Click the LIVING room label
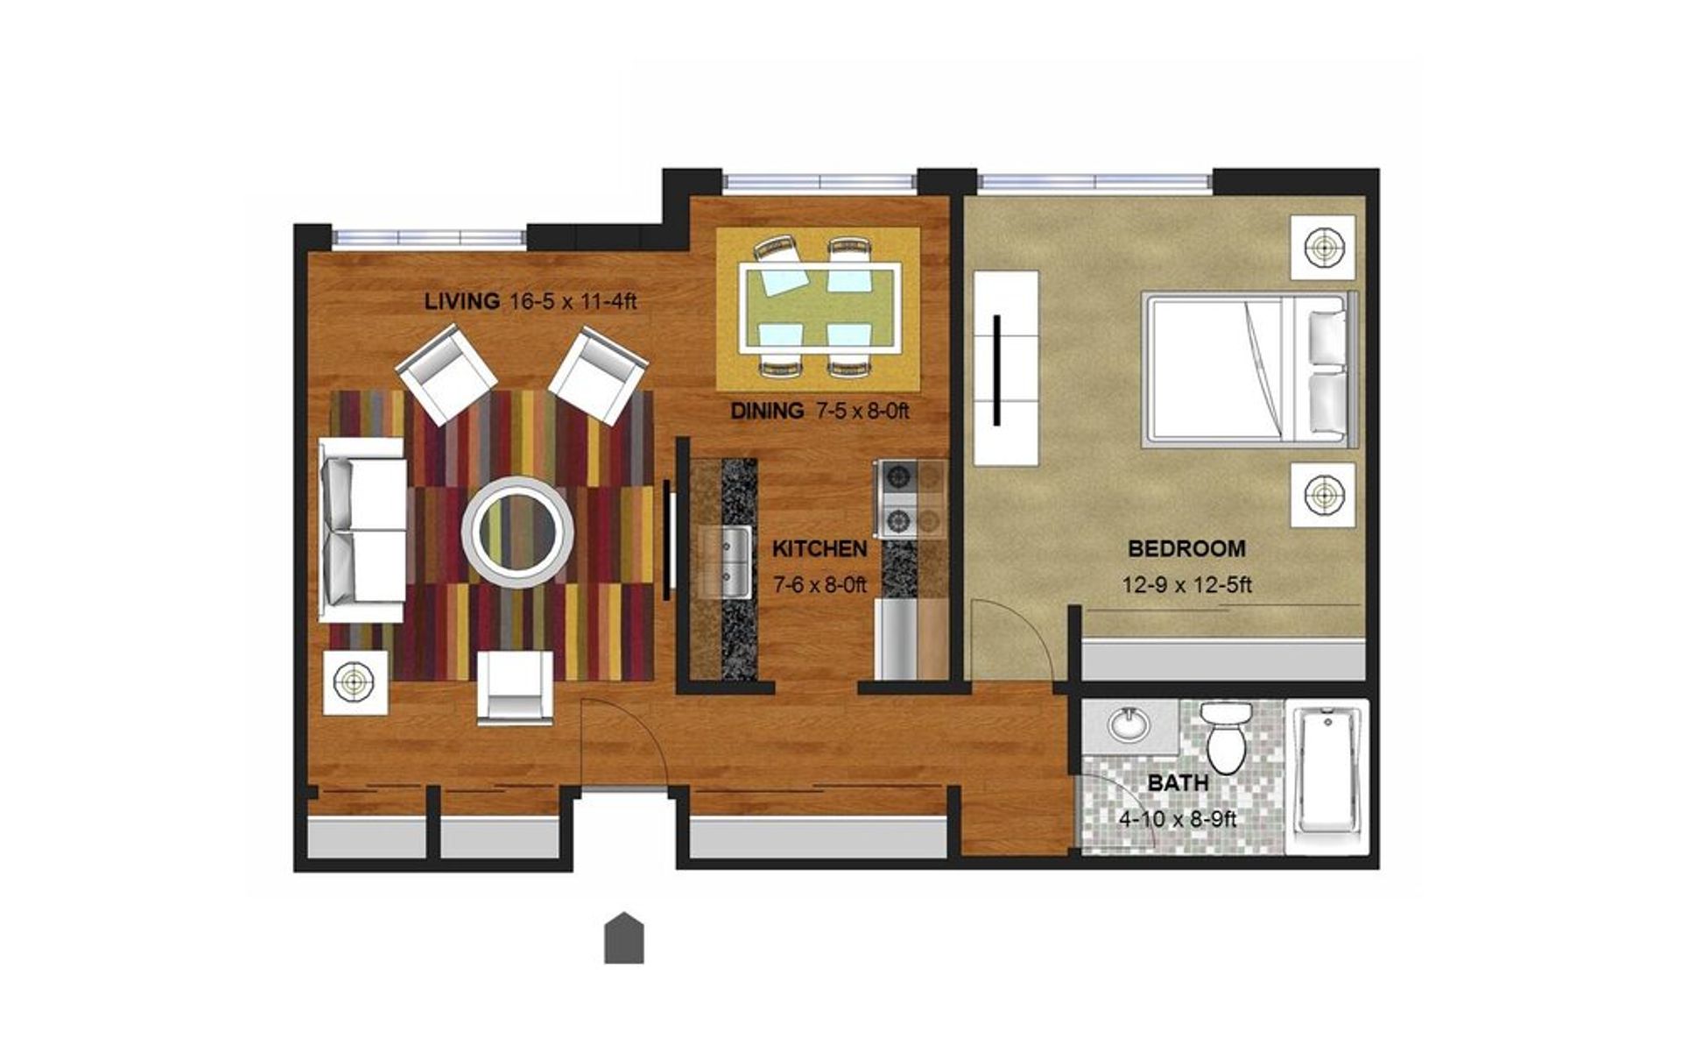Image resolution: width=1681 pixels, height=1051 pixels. (x=461, y=302)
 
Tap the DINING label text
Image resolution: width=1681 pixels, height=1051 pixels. (x=767, y=410)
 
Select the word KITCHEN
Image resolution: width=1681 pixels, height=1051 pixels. (x=819, y=549)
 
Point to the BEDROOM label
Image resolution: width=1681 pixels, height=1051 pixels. (x=1186, y=549)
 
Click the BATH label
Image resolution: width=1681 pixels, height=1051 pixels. (x=1178, y=783)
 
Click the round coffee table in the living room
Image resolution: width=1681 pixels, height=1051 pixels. (x=517, y=532)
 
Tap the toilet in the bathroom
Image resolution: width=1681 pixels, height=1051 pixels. (x=1226, y=737)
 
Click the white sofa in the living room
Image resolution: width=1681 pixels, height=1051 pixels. (x=362, y=529)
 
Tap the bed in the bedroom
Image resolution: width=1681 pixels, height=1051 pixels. (x=1248, y=370)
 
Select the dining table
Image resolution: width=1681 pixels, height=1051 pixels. (x=819, y=307)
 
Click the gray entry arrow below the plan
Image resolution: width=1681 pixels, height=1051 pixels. (x=624, y=939)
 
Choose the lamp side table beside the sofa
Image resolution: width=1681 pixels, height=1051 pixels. (x=355, y=681)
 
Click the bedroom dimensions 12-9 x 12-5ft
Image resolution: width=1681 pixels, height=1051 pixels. (x=1186, y=584)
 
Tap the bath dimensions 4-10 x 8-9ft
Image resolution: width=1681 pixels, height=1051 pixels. (x=1178, y=820)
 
